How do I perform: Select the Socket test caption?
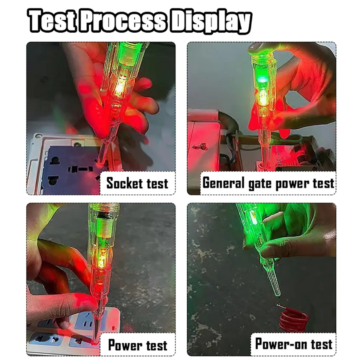point(137,183)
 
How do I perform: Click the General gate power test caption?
point(268,183)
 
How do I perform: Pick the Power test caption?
point(138,345)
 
